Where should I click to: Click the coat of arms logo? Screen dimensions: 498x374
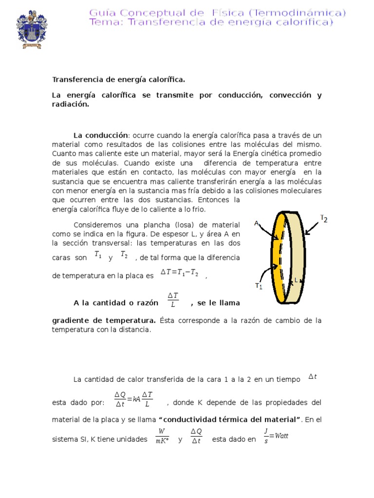tap(32, 29)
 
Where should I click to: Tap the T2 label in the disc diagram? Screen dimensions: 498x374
tap(324, 218)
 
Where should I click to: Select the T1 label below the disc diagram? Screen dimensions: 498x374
tap(259, 286)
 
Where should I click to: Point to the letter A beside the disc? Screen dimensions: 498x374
tap(256, 223)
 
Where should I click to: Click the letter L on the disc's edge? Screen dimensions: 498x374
tap(296, 280)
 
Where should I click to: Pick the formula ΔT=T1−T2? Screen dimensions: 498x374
tap(179, 273)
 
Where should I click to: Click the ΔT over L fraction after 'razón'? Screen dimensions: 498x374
tap(173, 300)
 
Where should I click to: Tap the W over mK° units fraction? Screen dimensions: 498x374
tap(162, 436)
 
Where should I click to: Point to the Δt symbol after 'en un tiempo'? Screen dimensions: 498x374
tap(313, 376)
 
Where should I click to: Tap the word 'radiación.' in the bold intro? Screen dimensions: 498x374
tap(71, 104)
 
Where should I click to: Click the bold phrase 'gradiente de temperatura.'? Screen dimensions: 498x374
tap(104, 320)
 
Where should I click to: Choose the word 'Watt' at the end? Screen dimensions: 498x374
tap(281, 436)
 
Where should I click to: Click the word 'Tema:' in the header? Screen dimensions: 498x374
tap(105, 22)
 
